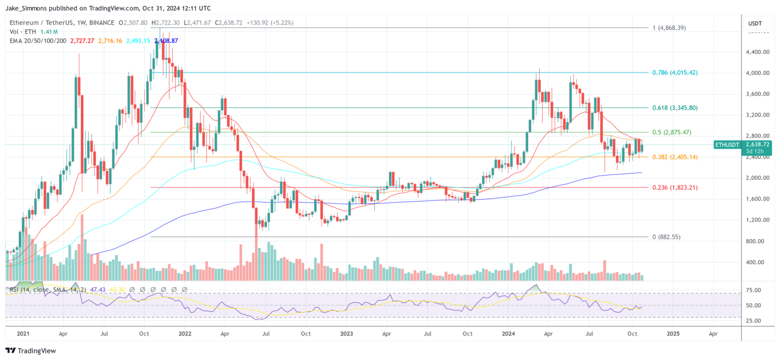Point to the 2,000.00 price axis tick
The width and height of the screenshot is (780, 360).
click(758, 178)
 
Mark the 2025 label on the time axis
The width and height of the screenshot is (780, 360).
click(673, 334)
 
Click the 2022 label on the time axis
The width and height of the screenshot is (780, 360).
click(185, 334)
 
